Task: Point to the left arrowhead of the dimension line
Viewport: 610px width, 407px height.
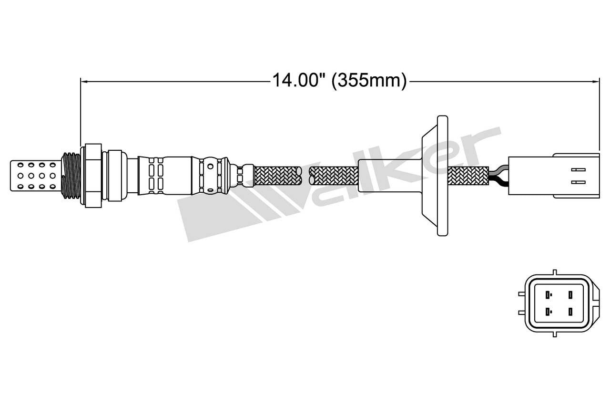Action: [84, 82]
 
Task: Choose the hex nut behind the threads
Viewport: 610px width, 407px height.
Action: [93, 175]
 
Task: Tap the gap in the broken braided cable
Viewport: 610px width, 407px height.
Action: [305, 175]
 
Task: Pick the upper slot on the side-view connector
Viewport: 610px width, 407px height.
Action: [578, 169]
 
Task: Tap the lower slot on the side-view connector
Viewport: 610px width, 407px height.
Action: [578, 181]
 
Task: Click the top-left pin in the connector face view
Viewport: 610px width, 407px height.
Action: [549, 294]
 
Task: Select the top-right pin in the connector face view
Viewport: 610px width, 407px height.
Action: [570, 294]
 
